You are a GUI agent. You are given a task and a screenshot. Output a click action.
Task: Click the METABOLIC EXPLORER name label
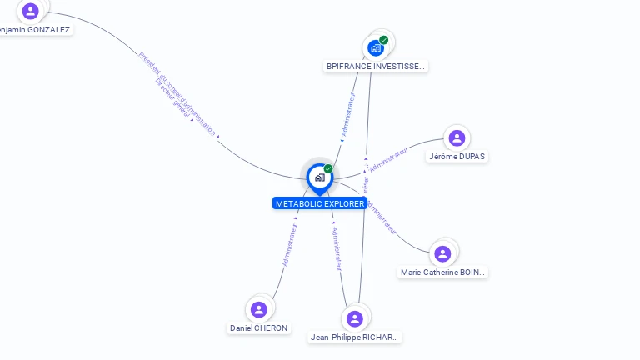[319, 203]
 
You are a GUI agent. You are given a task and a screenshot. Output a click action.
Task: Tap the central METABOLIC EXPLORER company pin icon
[319, 177]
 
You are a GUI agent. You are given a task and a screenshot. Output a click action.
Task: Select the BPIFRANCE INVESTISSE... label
[376, 66]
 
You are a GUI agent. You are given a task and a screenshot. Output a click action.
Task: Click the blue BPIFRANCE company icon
[376, 48]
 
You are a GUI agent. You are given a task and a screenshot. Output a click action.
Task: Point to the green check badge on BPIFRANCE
[384, 39]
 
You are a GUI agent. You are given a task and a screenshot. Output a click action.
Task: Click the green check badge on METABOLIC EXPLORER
[328, 169]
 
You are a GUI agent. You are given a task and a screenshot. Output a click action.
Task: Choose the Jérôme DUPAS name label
[457, 156]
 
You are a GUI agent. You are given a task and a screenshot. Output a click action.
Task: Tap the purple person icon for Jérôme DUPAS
[457, 138]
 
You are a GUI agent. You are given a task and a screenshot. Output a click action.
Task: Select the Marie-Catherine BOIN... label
[442, 272]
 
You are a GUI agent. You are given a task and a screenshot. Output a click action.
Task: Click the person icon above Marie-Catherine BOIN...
[442, 253]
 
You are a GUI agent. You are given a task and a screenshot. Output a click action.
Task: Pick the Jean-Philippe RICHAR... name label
[355, 337]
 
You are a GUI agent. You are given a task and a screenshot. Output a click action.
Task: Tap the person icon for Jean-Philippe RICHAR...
[355, 318]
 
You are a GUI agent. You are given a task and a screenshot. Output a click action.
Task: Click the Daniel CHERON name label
[259, 327]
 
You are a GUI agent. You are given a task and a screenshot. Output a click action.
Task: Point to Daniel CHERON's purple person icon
[259, 309]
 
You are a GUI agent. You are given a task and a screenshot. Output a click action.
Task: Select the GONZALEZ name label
[35, 29]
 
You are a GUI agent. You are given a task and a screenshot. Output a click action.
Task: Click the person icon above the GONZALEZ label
[31, 11]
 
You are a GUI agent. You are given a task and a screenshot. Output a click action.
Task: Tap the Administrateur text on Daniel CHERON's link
[290, 243]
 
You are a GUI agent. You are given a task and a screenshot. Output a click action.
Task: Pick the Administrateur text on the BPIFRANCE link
[348, 115]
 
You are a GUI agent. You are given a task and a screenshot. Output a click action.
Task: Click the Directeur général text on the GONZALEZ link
[172, 101]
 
